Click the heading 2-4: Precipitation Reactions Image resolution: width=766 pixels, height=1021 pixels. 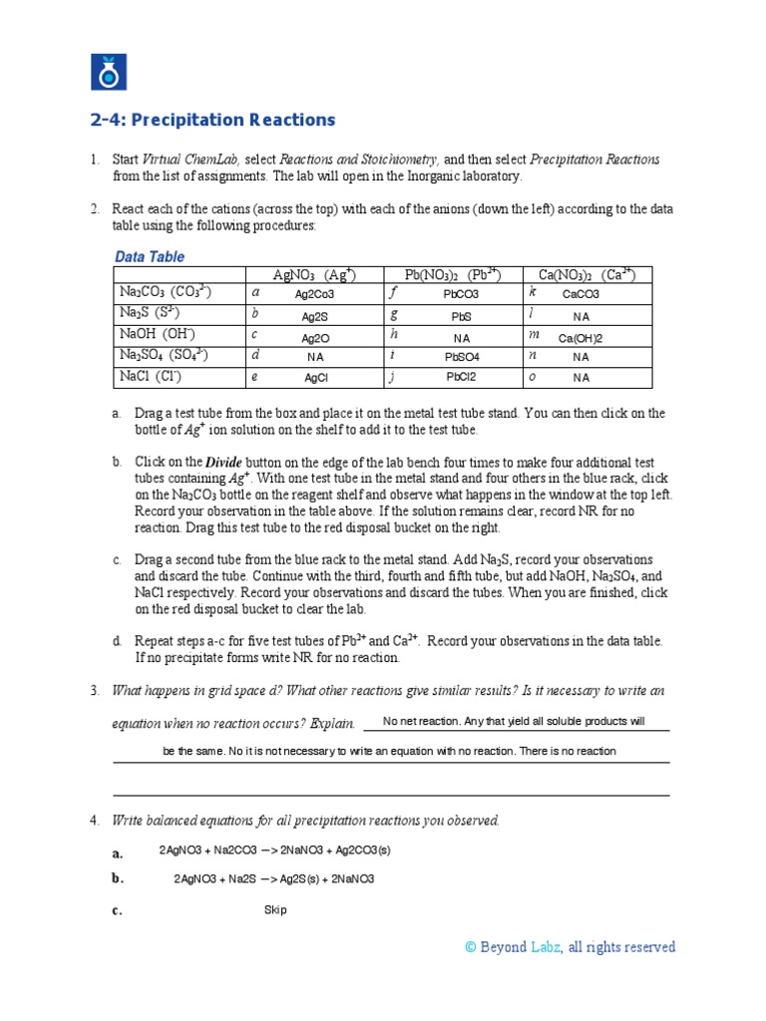(212, 120)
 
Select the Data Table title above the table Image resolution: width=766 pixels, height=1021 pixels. (150, 256)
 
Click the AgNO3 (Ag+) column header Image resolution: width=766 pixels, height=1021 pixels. (314, 275)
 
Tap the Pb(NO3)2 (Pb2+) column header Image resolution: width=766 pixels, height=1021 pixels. (452, 275)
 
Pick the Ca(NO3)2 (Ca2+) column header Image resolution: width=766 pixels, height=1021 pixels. (586, 275)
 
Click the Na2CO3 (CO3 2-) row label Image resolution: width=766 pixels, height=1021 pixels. (166, 293)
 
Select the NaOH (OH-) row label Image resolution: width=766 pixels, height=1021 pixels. (158, 335)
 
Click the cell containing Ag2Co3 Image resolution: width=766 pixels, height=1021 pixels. (314, 295)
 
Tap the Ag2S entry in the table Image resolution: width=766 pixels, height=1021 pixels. (314, 316)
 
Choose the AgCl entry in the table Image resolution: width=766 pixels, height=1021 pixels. (315, 378)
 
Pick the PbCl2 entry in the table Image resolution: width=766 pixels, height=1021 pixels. (461, 378)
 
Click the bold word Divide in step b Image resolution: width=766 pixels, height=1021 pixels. (223, 463)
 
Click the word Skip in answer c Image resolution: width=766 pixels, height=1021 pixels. (275, 909)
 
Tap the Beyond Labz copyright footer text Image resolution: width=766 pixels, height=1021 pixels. (570, 947)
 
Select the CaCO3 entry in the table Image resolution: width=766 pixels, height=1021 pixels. (580, 295)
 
